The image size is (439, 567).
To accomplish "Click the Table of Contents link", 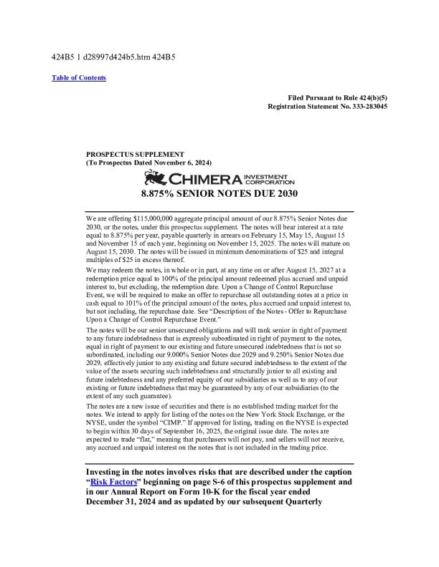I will coord(79,78).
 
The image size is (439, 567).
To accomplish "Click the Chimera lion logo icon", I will coord(156,177).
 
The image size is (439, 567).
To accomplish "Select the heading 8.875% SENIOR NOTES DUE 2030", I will coord(219,193).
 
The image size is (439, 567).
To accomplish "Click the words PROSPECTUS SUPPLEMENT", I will coord(135,154).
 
